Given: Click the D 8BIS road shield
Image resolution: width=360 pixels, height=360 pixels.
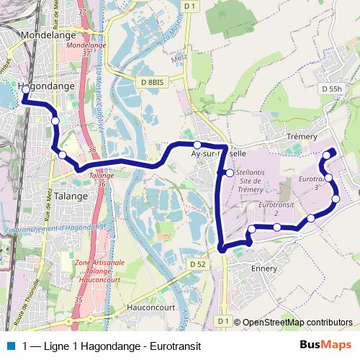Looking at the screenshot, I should point(153,83).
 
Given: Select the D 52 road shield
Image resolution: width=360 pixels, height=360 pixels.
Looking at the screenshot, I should point(199,264).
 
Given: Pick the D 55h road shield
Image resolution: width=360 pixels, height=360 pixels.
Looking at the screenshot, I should point(332,89).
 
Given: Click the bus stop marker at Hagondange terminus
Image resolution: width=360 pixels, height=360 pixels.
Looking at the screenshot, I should point(25,90).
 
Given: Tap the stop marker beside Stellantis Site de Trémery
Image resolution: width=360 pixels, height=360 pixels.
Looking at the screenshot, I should point(229,173).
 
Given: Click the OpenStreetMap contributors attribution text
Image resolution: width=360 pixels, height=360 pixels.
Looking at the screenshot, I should point(297,323).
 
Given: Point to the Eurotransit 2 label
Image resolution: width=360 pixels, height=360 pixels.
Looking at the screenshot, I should point(267,209).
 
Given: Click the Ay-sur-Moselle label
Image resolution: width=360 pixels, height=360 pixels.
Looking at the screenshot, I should point(218,153).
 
